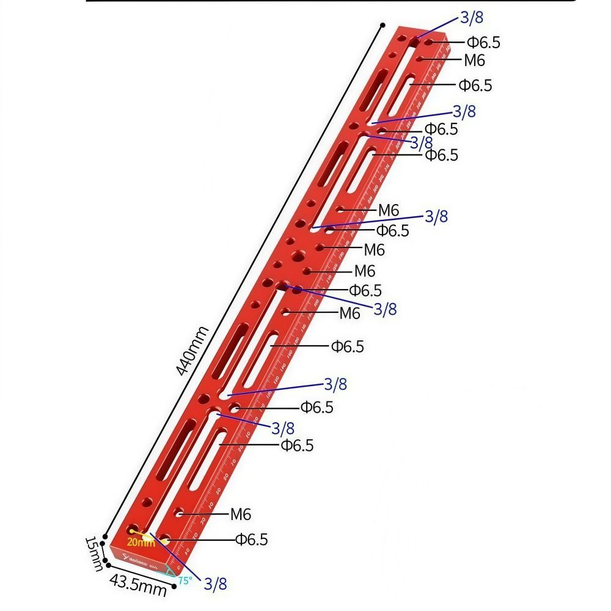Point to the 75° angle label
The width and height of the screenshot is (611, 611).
pos(185,581)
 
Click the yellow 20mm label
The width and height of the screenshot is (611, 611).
pos(141,542)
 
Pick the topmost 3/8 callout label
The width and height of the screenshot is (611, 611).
pos(472,18)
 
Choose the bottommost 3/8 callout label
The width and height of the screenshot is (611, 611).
pos(214,584)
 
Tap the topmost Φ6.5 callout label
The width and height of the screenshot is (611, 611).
pos(483,42)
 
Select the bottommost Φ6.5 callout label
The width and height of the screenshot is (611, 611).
pos(251,540)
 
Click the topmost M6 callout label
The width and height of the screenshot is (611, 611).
pos(474,60)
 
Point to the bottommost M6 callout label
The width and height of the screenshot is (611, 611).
pos(241,514)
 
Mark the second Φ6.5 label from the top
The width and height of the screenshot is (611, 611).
pos(475,85)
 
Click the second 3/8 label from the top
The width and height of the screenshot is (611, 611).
pos(464,111)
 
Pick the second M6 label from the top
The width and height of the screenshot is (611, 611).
pos(388,211)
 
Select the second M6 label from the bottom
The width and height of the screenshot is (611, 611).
pos(349,313)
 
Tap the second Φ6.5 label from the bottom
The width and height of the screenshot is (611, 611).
pos(297,445)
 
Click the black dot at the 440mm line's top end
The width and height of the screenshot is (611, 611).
pos(382,26)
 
